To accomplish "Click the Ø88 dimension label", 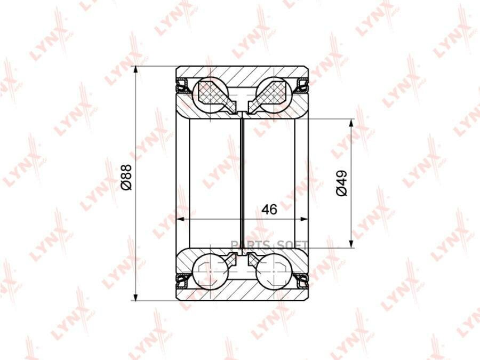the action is tap(126, 177).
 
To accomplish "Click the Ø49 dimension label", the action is tap(341, 183).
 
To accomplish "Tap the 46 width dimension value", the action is tap(269, 209).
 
